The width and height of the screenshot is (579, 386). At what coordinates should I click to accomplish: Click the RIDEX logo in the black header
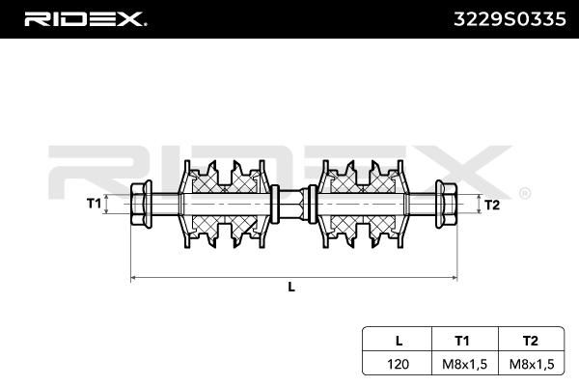(85, 19)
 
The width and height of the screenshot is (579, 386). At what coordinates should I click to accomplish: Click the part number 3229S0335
(510, 19)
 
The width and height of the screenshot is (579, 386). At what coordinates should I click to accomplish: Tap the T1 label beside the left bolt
(94, 204)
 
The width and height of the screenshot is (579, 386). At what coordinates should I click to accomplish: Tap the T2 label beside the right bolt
(492, 205)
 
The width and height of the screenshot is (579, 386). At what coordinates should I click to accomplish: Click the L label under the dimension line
(291, 287)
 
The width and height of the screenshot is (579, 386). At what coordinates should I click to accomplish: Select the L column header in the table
(399, 341)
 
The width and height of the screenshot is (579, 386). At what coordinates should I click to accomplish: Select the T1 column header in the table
(462, 341)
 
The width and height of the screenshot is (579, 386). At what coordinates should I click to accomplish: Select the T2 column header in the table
(530, 341)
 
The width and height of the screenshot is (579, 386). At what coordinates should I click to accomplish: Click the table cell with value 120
(398, 364)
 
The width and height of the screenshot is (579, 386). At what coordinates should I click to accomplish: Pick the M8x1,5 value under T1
(464, 364)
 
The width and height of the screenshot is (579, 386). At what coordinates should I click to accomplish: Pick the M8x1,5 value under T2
(532, 364)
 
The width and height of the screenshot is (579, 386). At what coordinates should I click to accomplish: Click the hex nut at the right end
(446, 204)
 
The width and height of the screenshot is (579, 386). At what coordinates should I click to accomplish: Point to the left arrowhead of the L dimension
(134, 277)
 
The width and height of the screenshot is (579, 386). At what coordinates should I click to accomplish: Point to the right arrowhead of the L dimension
(454, 277)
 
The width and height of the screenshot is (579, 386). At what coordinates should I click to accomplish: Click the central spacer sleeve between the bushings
(292, 204)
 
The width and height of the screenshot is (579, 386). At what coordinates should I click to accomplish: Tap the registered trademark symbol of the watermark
(525, 194)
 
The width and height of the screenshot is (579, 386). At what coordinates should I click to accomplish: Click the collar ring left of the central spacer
(275, 204)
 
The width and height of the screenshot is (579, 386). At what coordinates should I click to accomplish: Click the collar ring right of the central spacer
(312, 204)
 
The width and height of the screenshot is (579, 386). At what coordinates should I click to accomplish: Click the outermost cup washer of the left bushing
(185, 204)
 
